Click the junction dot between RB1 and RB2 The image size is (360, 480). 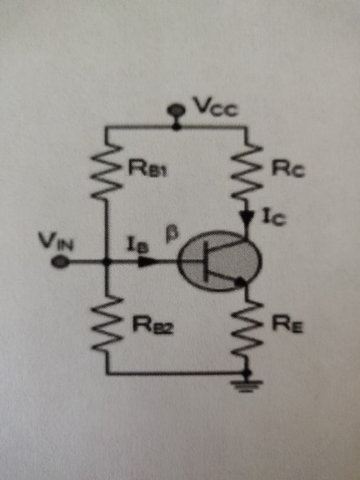pyautogui.click(x=107, y=262)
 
